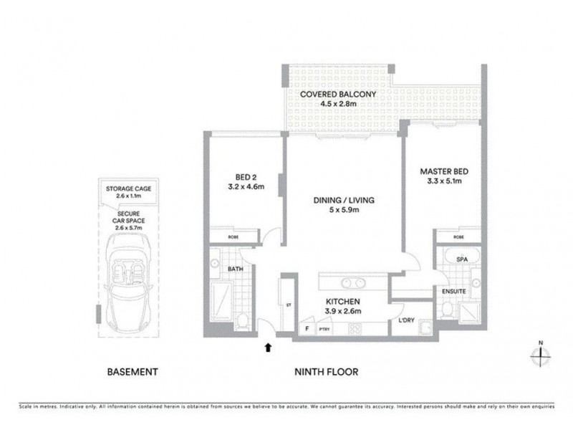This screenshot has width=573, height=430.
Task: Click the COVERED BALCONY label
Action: [x=328, y=95]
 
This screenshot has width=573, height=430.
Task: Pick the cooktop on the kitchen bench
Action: [x=355, y=328]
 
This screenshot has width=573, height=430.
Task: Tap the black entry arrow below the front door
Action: [x=269, y=348]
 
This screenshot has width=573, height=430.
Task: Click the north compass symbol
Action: [x=540, y=354]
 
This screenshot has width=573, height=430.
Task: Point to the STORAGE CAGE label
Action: [x=129, y=188]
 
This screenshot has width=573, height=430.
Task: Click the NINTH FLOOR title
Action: [x=326, y=372]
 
